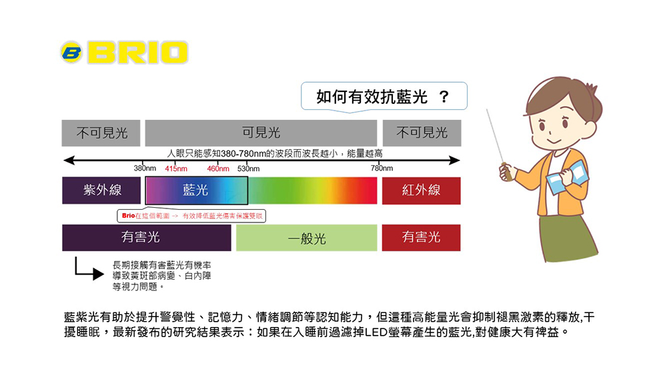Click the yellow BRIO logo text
[x=138, y=53]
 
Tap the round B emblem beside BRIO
[x=71, y=52]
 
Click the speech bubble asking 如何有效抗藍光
[x=384, y=97]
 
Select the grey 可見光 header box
[x=261, y=133]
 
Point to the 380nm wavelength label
[x=145, y=169]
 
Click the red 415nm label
[x=176, y=169]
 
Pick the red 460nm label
[x=218, y=169]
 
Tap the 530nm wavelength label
[x=248, y=169]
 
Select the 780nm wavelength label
[x=382, y=169]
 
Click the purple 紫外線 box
[x=101, y=190]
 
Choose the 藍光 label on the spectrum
[x=195, y=190]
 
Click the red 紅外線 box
[x=421, y=190]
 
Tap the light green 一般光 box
[x=307, y=238]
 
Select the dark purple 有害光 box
[x=146, y=238]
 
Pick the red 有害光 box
[x=421, y=238]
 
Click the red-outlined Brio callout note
[x=191, y=216]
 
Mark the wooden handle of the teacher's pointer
[x=506, y=171]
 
